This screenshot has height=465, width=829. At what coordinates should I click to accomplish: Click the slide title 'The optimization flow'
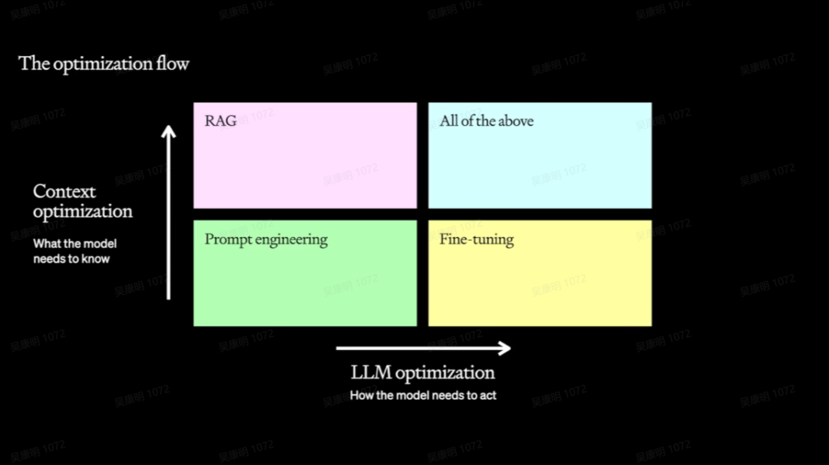[104, 64]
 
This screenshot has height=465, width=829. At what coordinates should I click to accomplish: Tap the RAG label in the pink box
[220, 121]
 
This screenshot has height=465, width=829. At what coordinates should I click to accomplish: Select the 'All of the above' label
[486, 121]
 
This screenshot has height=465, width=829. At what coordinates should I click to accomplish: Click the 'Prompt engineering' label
[266, 239]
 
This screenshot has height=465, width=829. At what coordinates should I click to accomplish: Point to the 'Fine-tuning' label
[477, 239]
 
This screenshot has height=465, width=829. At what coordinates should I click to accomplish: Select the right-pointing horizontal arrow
[423, 348]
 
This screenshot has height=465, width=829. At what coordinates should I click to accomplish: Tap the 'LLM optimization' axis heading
[423, 373]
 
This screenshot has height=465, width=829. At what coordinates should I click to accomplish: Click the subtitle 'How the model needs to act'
[423, 396]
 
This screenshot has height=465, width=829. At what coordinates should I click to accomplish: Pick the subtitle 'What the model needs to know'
[74, 252]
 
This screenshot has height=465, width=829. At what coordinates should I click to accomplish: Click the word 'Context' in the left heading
[64, 192]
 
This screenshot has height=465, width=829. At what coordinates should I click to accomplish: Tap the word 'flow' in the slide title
[173, 64]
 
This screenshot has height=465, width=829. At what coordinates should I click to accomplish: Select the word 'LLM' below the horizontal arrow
[372, 373]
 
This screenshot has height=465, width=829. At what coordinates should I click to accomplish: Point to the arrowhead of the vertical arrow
[169, 132]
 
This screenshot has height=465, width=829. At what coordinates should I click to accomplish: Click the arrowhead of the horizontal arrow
[504, 348]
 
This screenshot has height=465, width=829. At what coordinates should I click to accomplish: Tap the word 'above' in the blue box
[515, 121]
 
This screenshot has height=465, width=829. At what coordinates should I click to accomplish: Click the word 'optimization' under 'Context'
[83, 212]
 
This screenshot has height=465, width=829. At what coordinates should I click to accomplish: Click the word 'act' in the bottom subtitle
[488, 396]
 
